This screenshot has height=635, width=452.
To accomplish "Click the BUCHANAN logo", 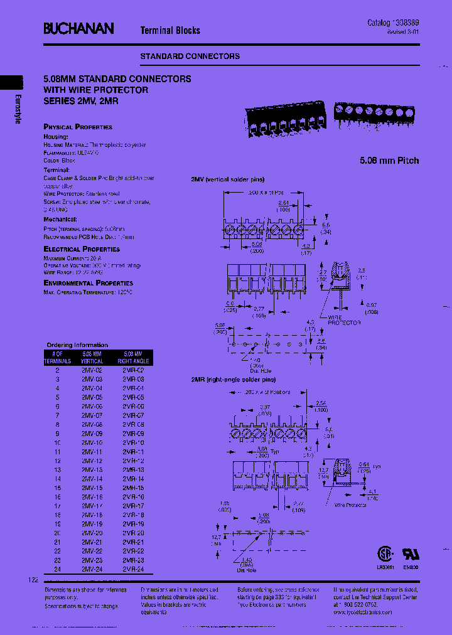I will (78, 28).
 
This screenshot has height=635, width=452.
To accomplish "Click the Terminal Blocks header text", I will (170, 30).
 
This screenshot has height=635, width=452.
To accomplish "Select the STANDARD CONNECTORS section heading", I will (190, 56).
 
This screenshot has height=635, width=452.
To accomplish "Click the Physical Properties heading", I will (78, 127).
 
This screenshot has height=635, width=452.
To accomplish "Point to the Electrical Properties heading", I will (82, 249).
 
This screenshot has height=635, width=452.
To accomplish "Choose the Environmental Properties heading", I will (89, 284).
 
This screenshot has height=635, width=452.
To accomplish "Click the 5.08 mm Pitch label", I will (390, 161).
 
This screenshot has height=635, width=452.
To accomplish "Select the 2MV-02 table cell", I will (92, 371).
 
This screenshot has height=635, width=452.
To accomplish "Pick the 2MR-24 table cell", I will (133, 569).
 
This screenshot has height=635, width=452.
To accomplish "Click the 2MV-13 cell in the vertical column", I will (92, 469).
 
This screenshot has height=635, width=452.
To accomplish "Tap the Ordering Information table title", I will (77, 344).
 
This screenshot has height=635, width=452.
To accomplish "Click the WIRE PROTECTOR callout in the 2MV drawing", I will (344, 320).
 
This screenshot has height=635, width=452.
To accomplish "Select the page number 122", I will (33, 580).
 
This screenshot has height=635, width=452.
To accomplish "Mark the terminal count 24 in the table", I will (57, 569).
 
